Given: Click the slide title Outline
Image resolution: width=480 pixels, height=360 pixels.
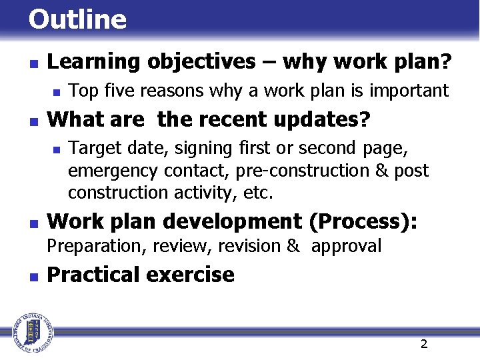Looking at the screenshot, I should tap(77, 19).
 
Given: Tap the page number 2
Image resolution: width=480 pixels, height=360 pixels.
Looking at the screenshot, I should tap(423, 344).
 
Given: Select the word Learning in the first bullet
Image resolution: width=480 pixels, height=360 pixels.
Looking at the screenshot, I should tap(94, 62).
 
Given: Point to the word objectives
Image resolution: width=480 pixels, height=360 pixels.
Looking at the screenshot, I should tap(201, 62).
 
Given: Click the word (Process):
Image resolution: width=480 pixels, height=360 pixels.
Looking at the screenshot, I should tap(363, 221).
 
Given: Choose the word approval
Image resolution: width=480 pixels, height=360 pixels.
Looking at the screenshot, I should tap(346, 246).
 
